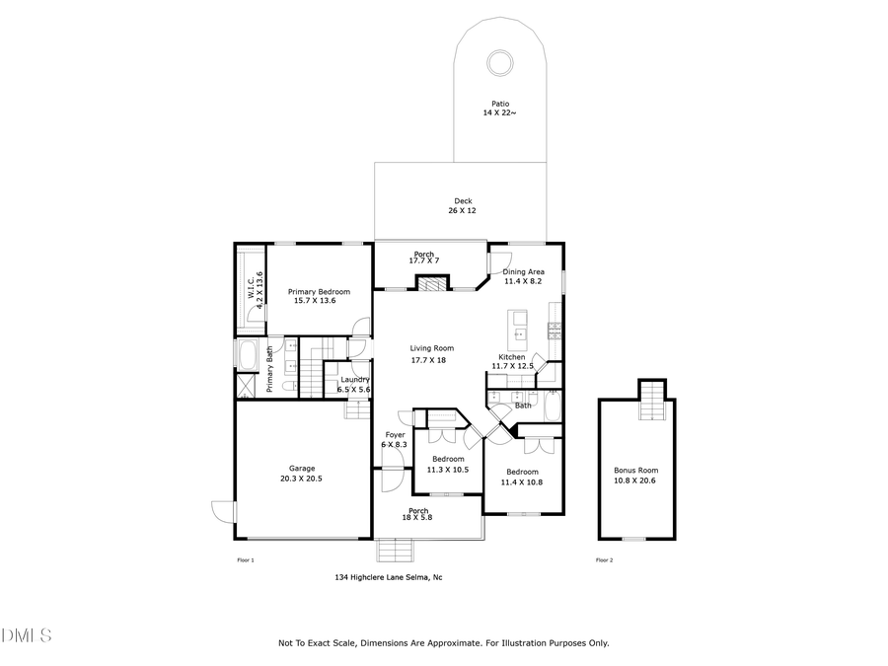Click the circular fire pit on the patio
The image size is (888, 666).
tap(500, 63)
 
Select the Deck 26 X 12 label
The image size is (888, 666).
tap(463, 205)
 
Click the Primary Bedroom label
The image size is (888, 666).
tap(320, 296)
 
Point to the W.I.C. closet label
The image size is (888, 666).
tap(255, 290)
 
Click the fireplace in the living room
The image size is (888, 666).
tap(430, 284)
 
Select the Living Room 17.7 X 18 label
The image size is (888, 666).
tap(432, 354)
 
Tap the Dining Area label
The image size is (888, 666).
tap(523, 277)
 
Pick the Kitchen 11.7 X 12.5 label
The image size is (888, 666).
tap(512, 361)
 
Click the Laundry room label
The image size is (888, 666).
tap(354, 385)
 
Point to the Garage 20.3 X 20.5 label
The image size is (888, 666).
tap(302, 474)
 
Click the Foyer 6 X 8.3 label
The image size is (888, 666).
tap(394, 440)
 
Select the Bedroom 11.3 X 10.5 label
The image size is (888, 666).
tap(447, 464)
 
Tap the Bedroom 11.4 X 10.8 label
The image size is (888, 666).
tap(522, 477)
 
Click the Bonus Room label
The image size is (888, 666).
tap(635, 475)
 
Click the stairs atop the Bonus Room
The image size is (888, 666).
tap(650, 400)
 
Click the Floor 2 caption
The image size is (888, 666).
tap(604, 560)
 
